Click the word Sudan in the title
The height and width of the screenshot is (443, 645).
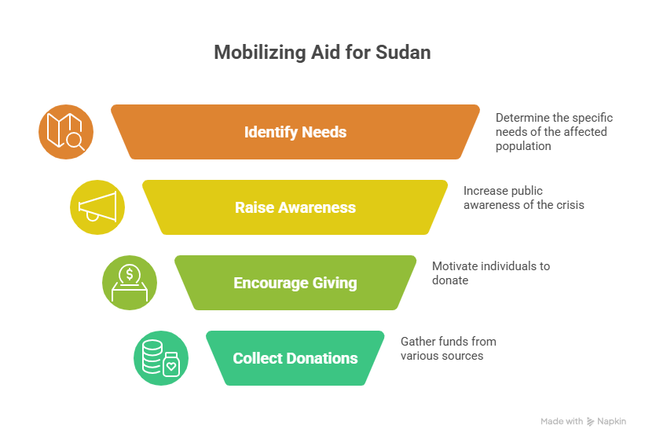point(406,53)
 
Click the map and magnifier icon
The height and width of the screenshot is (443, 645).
point(66,132)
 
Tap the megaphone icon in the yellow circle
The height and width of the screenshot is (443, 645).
point(97,207)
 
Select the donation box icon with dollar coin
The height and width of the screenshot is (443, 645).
point(130,283)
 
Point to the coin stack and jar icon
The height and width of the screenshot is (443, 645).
point(161,358)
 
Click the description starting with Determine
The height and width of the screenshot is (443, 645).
point(553,132)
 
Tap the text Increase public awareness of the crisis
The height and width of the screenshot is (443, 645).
point(523,197)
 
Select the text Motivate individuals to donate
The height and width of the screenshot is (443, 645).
point(490,273)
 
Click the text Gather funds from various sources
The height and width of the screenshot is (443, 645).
point(448,348)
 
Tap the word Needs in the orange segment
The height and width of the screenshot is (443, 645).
point(324,132)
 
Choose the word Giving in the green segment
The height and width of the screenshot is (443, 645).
point(336,283)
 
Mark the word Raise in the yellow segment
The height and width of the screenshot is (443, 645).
point(252,207)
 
